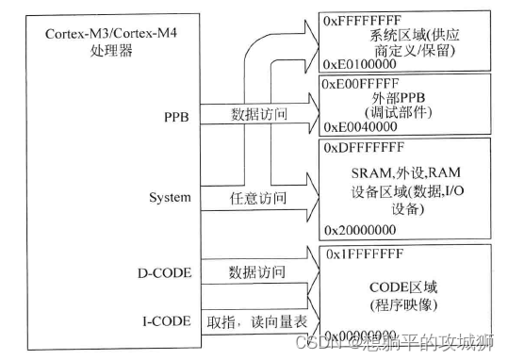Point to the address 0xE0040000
(357, 124)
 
